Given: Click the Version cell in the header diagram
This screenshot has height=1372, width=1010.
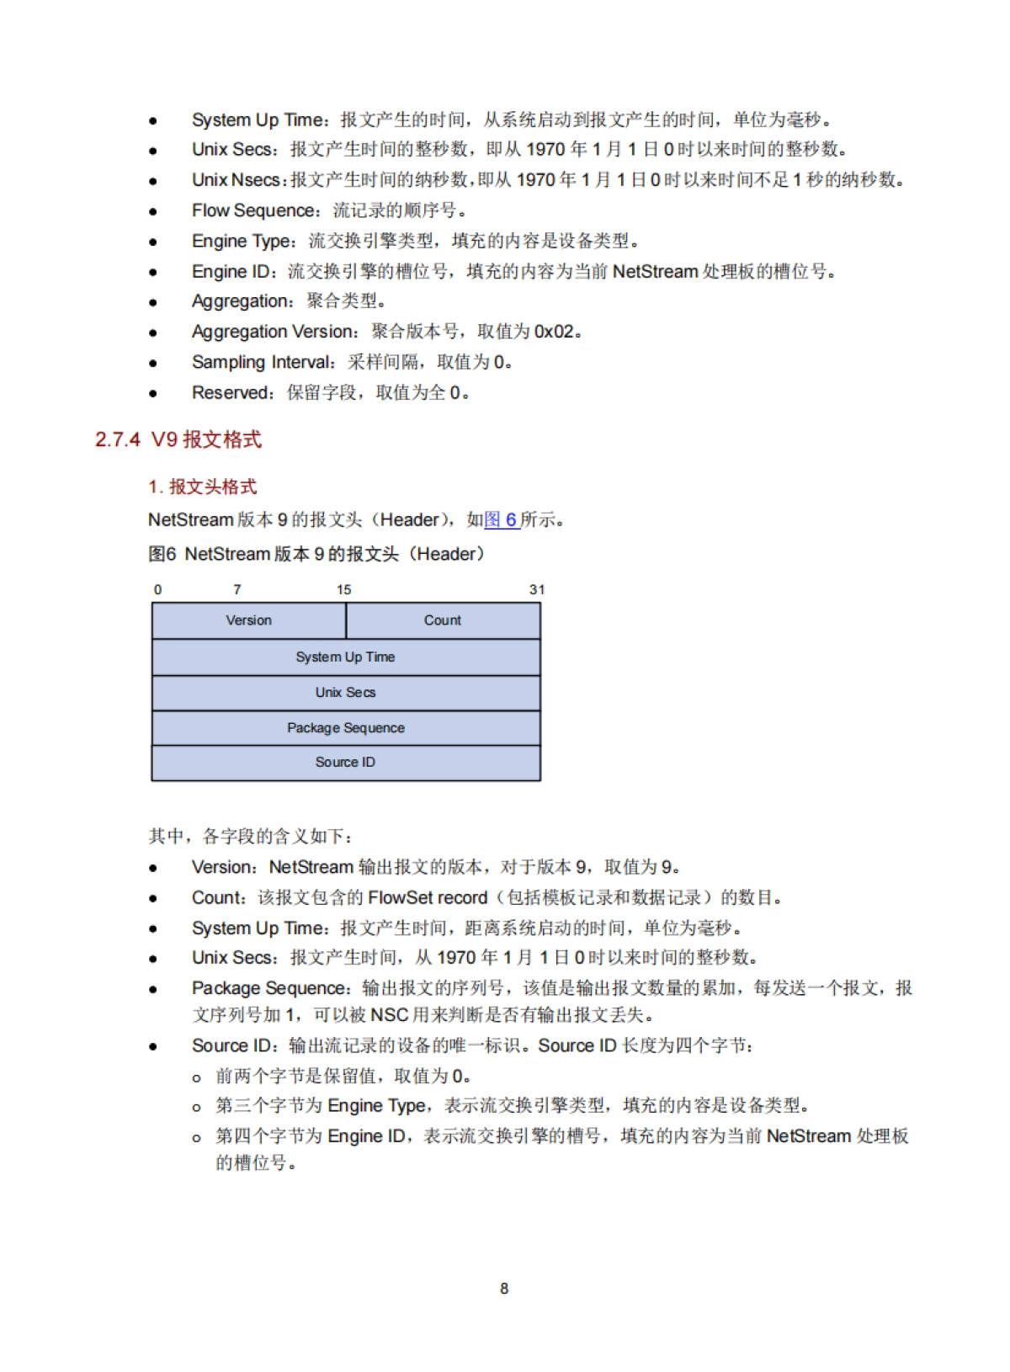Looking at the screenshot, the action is pos(248,620).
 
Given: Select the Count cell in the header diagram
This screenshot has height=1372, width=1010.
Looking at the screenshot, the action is pos(443,620).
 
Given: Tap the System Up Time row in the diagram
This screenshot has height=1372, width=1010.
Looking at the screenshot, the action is pos(345,657).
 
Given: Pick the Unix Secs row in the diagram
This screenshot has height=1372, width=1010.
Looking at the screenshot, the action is pos(345,692).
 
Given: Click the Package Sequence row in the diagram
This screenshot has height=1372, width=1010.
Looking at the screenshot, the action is pos(345,727).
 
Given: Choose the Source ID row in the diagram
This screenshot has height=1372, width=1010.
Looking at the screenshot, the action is pos(345,762).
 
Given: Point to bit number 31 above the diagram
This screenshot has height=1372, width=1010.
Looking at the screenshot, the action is pos(537,589).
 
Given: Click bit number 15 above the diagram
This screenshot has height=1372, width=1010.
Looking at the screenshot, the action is pos(343,589).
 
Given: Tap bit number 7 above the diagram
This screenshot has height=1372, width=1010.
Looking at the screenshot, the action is pos(237,589).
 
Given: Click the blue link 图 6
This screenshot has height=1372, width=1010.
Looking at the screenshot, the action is pos(501,519).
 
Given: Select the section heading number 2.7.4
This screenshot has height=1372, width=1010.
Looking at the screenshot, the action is pos(118,439).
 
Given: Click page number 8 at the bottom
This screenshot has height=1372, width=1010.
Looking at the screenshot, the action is pos(504,1288).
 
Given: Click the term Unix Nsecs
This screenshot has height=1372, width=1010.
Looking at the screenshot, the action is pos(236,179).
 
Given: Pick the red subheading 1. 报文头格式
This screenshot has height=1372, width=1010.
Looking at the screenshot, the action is pos(202,487).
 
